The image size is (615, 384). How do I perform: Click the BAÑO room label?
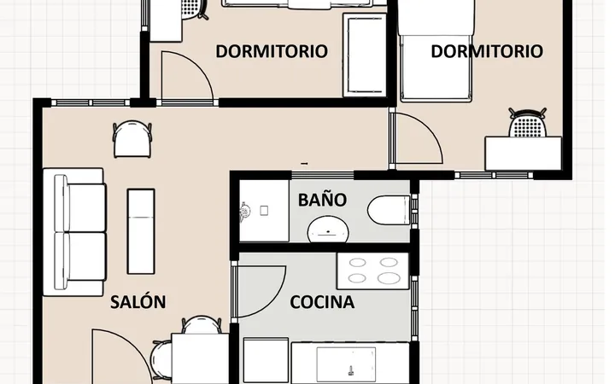pos(322,199)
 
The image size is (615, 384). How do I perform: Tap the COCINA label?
pos(322,302)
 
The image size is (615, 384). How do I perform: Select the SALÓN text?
pos(138,302)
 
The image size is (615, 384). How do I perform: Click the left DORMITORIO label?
pos(272,51)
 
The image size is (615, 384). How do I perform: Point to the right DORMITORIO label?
pos(487,51)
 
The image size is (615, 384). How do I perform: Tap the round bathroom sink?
pos(328,230)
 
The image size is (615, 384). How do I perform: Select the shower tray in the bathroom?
pos(264,211)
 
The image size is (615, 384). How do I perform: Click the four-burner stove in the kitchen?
pos(372,271)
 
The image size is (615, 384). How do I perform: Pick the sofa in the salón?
pos(74,232)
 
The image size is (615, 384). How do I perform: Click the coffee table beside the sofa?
pos(141,231)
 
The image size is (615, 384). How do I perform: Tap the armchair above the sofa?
pos(132,139)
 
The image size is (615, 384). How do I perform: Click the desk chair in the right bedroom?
pos(528,122)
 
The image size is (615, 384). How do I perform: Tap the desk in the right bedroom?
pos(524,154)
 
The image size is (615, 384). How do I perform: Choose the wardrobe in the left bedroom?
pos(365,55)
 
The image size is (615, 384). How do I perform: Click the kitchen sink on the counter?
pos(346,365)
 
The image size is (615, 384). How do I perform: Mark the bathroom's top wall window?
pos(322,175)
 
